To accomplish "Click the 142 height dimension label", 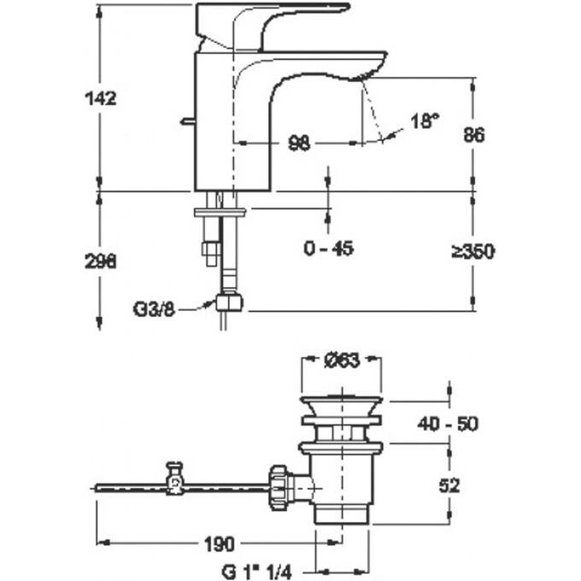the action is [x=101, y=98].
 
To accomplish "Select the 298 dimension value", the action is [x=101, y=262].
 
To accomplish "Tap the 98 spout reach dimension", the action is [x=299, y=143].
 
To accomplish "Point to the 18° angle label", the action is [x=425, y=120].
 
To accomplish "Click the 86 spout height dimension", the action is [x=473, y=134].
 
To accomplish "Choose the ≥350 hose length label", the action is [x=472, y=252].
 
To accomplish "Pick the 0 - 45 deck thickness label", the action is [x=329, y=249].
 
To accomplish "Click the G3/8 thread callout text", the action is [x=154, y=309].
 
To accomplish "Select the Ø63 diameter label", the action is [x=342, y=361].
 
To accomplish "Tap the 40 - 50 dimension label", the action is [x=448, y=424].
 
